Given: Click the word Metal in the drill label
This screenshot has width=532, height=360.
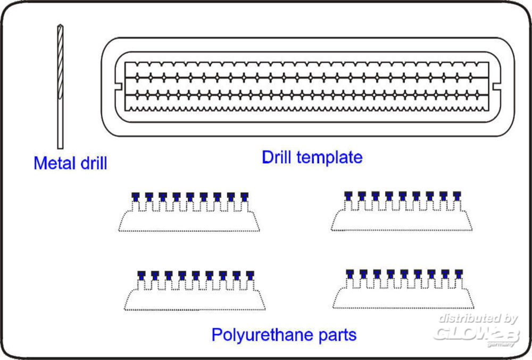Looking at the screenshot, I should [x=53, y=163].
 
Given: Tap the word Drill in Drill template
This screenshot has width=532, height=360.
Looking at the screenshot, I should [x=277, y=157].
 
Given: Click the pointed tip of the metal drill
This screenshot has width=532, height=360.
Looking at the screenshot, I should [x=59, y=26].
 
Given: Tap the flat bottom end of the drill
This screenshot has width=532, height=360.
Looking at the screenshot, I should [x=60, y=147].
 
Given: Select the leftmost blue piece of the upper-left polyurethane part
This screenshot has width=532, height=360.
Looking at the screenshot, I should [x=136, y=196].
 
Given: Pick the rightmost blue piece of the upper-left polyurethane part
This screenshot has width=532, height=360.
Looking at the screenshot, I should [x=244, y=196].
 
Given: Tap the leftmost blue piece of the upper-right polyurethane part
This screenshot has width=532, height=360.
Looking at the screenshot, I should [x=348, y=195].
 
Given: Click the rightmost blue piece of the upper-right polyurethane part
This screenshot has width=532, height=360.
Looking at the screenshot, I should [x=456, y=195].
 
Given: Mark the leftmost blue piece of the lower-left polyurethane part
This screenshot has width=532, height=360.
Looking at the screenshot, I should [x=142, y=274].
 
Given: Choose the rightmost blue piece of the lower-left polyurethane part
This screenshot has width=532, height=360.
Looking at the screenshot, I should [x=250, y=274].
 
